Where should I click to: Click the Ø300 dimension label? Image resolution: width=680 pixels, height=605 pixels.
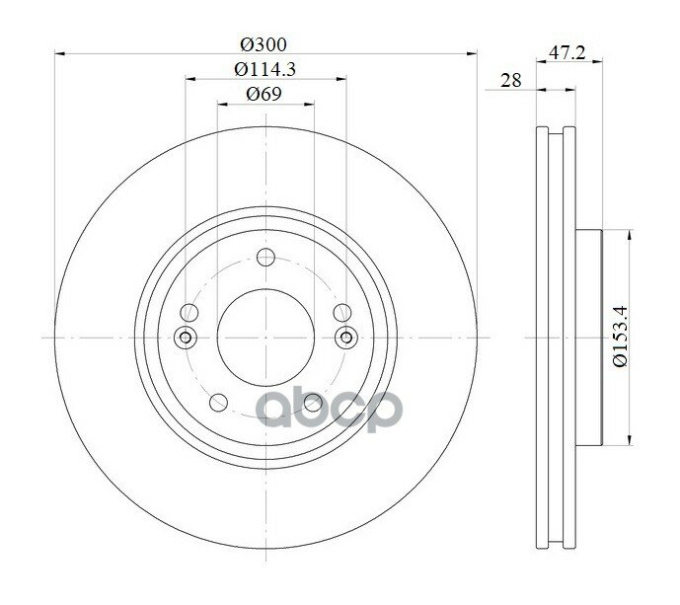[264, 44]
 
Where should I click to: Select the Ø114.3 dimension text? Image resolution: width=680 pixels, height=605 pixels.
[264, 69]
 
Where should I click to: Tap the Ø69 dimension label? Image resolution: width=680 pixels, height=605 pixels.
[264, 94]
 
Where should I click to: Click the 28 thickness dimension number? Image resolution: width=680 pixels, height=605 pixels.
[511, 80]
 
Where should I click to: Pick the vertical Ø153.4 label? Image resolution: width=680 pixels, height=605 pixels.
[621, 337]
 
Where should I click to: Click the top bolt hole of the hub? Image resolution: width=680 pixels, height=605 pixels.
[265, 258]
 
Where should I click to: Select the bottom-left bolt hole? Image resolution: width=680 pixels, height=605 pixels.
[218, 403]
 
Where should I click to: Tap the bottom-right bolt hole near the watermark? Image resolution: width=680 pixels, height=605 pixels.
[313, 403]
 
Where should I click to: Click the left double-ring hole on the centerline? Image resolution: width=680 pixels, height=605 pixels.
[186, 337]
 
